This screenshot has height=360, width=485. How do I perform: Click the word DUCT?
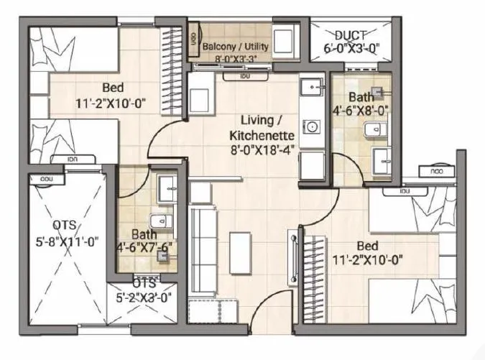(350, 34)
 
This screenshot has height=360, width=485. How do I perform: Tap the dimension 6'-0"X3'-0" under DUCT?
(350, 50)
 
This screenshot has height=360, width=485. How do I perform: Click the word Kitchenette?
(262, 134)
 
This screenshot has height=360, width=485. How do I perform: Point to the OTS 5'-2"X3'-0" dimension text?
(144, 295)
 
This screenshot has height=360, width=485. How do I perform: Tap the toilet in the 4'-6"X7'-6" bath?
(159, 221)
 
